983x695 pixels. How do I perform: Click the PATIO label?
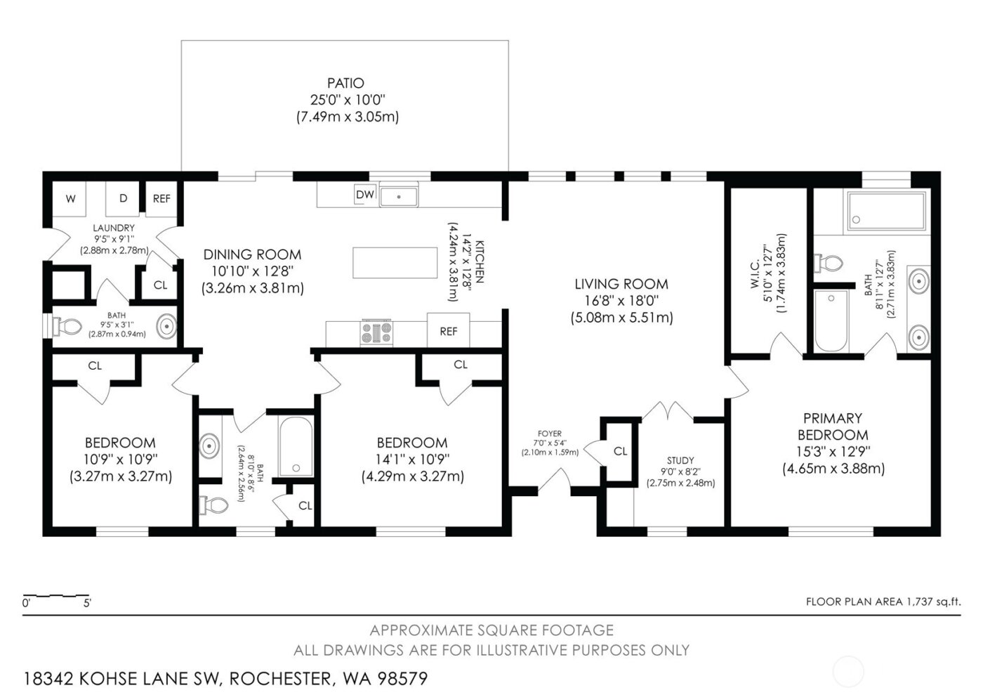[345, 84]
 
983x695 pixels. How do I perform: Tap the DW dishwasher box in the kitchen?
[364, 195]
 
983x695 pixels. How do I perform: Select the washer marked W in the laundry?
[70, 199]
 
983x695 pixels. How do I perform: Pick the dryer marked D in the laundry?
[123, 199]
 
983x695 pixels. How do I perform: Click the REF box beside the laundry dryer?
[161, 199]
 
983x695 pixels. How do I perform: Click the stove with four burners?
[376, 332]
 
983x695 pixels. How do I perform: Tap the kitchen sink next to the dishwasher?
[399, 195]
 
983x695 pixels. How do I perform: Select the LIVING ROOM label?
[621, 284]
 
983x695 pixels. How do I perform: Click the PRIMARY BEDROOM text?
[833, 426]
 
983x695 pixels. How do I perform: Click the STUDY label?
[680, 460]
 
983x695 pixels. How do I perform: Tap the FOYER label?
[550, 434]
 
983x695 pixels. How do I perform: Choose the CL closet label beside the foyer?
[620, 451]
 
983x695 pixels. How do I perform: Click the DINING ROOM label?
[252, 254]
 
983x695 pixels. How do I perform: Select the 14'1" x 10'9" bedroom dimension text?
[412, 460]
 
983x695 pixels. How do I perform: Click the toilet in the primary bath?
[829, 264]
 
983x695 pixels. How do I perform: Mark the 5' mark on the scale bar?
[87, 603]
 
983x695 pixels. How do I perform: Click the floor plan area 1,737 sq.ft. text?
[882, 602]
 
